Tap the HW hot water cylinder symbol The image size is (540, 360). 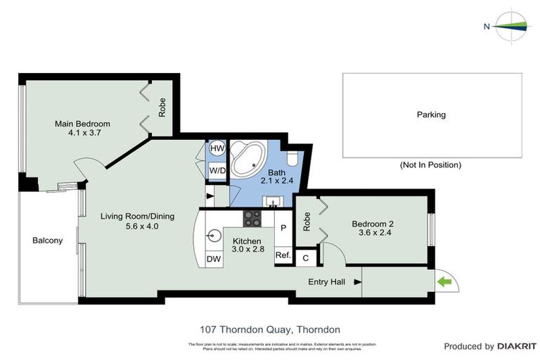217,149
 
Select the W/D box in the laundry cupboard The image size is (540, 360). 217,170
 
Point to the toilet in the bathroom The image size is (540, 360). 293,158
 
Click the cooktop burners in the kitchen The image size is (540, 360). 252,219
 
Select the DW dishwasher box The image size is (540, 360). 214,259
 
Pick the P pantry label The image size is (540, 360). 283,228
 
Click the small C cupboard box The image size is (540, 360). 305,258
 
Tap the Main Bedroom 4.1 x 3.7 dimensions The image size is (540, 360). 82,132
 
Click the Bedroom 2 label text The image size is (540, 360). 375,224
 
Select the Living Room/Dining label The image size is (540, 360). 137,216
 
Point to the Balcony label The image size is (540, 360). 47,240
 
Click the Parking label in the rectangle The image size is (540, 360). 431,115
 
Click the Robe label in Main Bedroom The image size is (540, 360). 162,107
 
